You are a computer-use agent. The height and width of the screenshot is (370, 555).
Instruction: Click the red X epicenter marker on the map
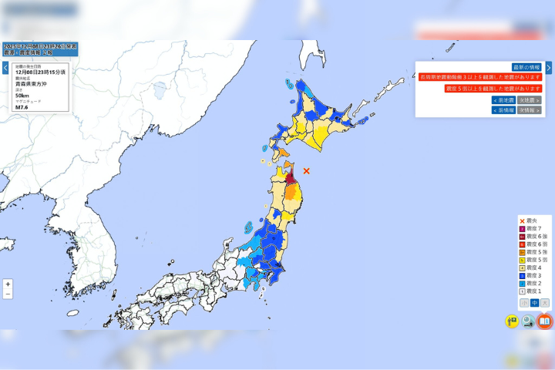[x=306, y=170]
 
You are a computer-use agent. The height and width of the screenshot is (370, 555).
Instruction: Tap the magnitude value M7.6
[x=22, y=108]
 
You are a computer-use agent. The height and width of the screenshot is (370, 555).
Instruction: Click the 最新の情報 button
[x=527, y=67]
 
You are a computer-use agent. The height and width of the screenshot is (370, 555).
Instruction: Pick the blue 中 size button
[x=533, y=303]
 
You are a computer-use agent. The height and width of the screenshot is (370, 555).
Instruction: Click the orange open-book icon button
[x=545, y=321]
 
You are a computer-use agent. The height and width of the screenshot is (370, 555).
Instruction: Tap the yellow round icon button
[x=512, y=321]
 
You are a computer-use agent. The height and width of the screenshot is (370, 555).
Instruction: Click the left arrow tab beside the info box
[x=5, y=68]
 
